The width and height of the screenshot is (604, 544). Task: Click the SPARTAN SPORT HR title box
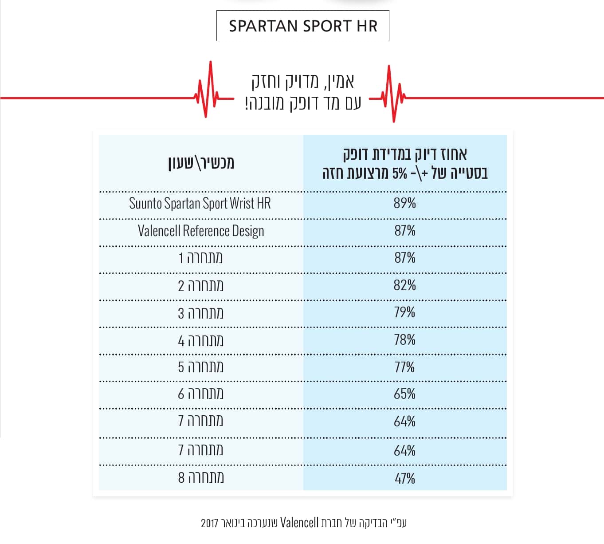pyautogui.click(x=302, y=26)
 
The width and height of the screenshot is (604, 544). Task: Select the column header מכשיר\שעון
pyautogui.click(x=201, y=163)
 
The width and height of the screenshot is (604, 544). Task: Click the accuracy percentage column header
pyautogui.click(x=405, y=163)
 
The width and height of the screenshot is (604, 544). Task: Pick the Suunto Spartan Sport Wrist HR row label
pyautogui.click(x=200, y=203)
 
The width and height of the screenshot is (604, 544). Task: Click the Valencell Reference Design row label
pyautogui.click(x=201, y=231)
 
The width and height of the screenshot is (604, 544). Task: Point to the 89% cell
pyautogui.click(x=405, y=203)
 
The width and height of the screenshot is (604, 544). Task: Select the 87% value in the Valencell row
pyautogui.click(x=405, y=230)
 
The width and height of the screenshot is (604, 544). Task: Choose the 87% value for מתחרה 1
pyautogui.click(x=405, y=257)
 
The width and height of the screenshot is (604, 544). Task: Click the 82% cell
pyautogui.click(x=405, y=285)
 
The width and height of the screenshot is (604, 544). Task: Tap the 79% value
pyautogui.click(x=405, y=312)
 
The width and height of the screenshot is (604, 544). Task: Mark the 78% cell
pyautogui.click(x=405, y=340)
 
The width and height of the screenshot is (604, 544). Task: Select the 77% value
pyautogui.click(x=405, y=367)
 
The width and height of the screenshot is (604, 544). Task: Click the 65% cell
pyautogui.click(x=405, y=394)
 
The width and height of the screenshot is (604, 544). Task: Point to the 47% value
pyautogui.click(x=405, y=478)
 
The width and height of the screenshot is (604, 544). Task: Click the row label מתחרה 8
pyautogui.click(x=201, y=478)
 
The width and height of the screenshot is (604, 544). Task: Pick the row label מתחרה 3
pyautogui.click(x=201, y=313)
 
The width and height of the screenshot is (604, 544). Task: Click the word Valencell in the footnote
pyautogui.click(x=299, y=523)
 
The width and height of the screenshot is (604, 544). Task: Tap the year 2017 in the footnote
pyautogui.click(x=210, y=523)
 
